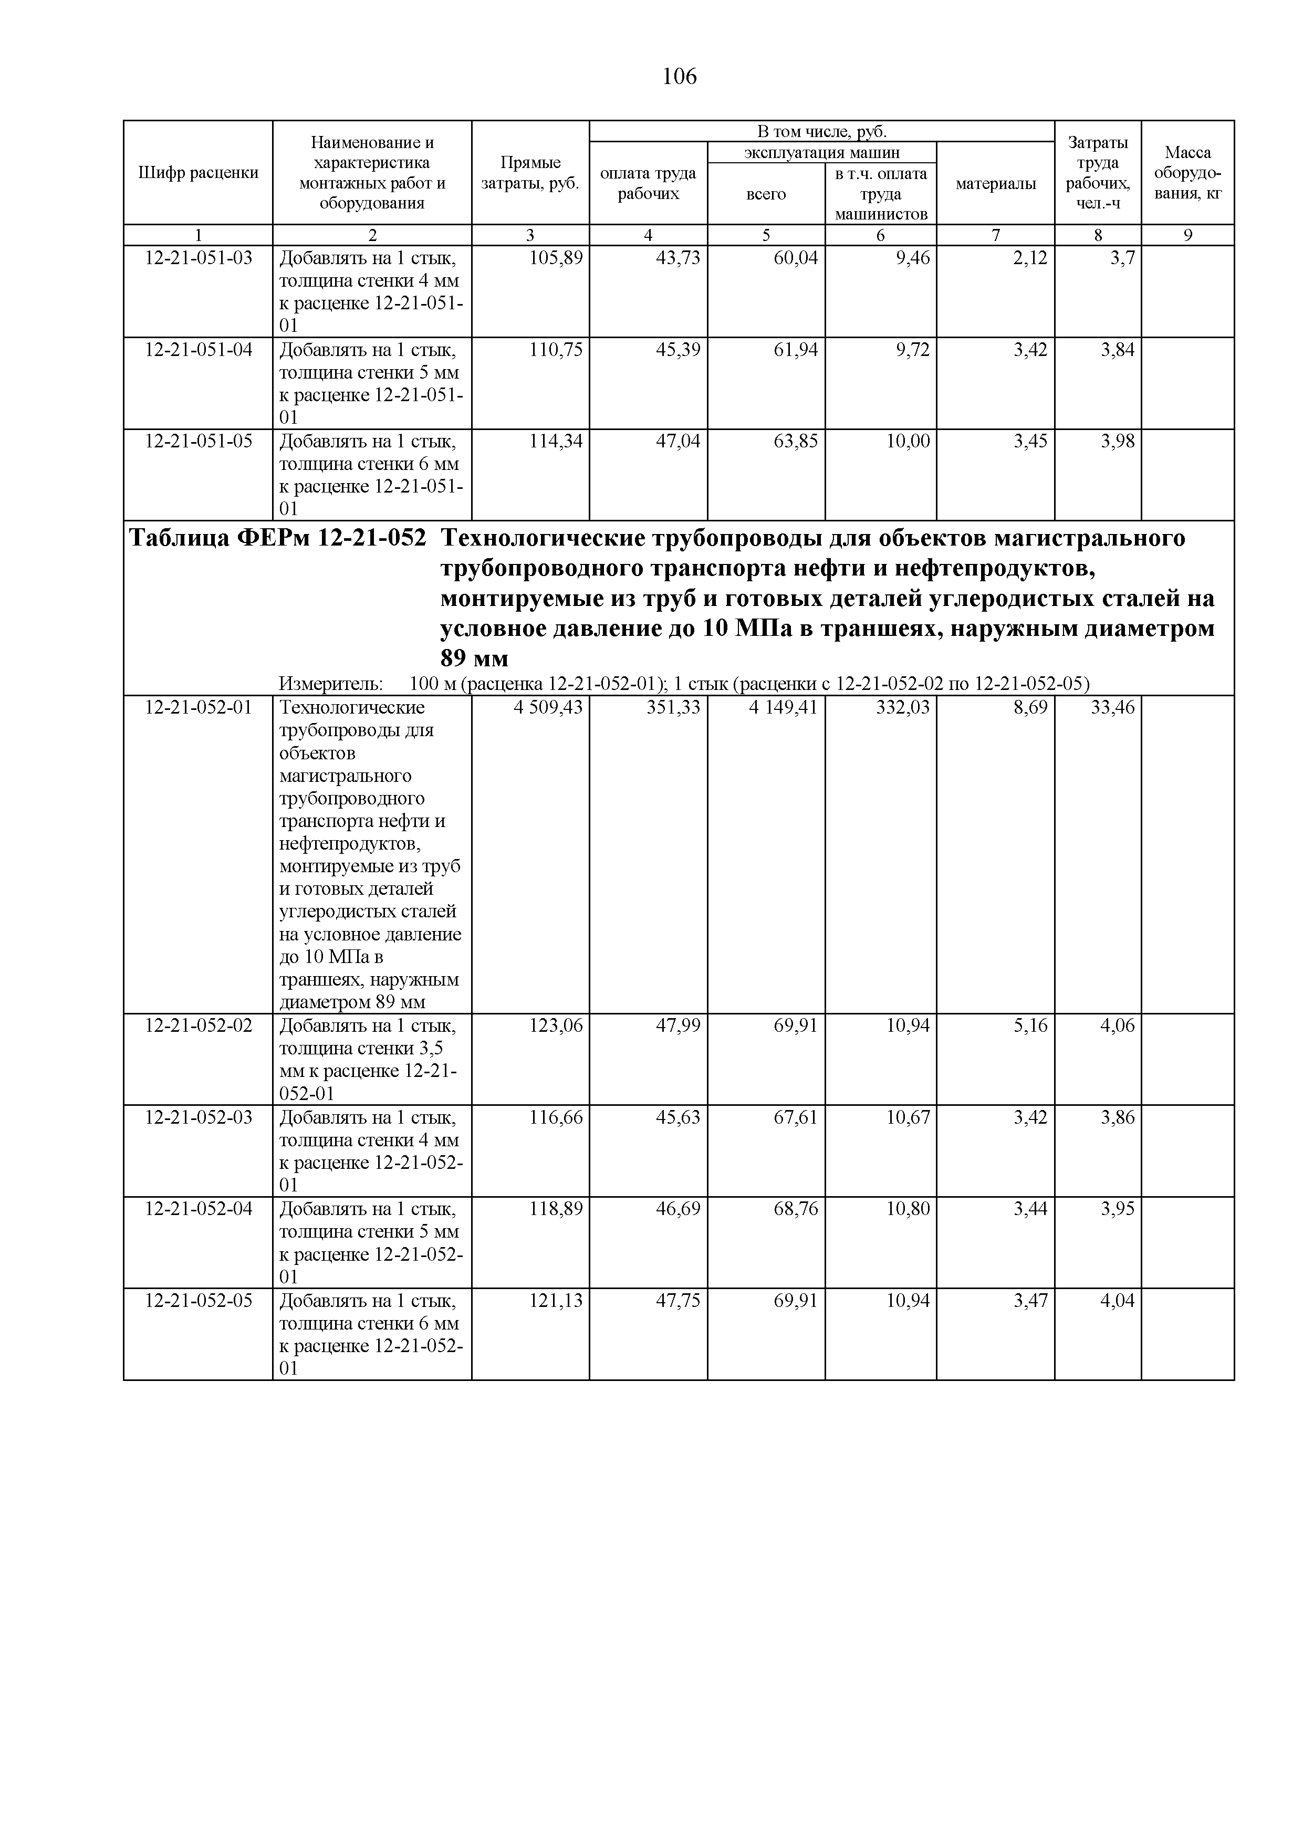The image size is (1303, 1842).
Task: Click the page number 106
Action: coord(680,77)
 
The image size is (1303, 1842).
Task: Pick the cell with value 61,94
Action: coord(795,350)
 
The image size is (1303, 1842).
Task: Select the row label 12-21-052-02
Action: coord(198,1025)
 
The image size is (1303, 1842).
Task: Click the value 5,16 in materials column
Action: coord(1030,1025)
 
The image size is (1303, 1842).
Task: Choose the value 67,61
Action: coord(795,1117)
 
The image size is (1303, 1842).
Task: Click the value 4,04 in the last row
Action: coord(1118,1300)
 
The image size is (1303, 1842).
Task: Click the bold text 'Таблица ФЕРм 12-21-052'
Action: coord(278,538)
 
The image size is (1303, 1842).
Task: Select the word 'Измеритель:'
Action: coord(330,684)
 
